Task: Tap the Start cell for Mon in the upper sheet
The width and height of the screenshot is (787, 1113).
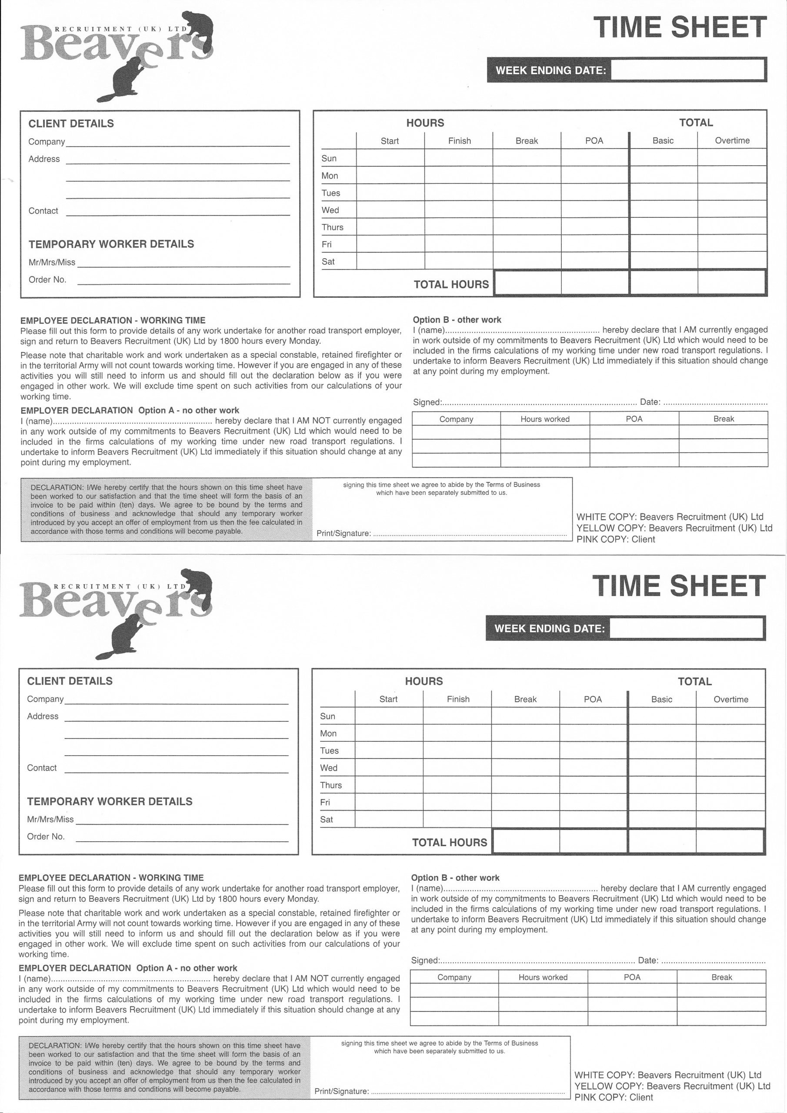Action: (390, 175)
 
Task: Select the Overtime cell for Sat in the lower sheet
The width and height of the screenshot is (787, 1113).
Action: (730, 819)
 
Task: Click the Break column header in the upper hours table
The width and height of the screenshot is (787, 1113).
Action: (526, 141)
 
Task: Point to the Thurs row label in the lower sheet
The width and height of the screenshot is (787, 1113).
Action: (331, 785)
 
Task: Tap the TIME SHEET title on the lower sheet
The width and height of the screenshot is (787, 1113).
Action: (678, 586)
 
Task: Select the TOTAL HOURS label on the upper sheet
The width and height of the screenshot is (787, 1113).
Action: (451, 284)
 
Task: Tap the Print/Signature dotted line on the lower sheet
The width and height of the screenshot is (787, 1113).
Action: (467, 1091)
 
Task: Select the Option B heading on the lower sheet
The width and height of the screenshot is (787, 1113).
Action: (455, 877)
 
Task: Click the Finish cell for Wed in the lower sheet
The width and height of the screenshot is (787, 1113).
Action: (457, 767)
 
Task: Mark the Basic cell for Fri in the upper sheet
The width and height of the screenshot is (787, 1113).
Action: (663, 244)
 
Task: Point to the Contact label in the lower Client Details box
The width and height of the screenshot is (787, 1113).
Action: (42, 768)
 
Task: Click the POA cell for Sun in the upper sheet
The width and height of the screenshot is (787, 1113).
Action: (594, 158)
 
